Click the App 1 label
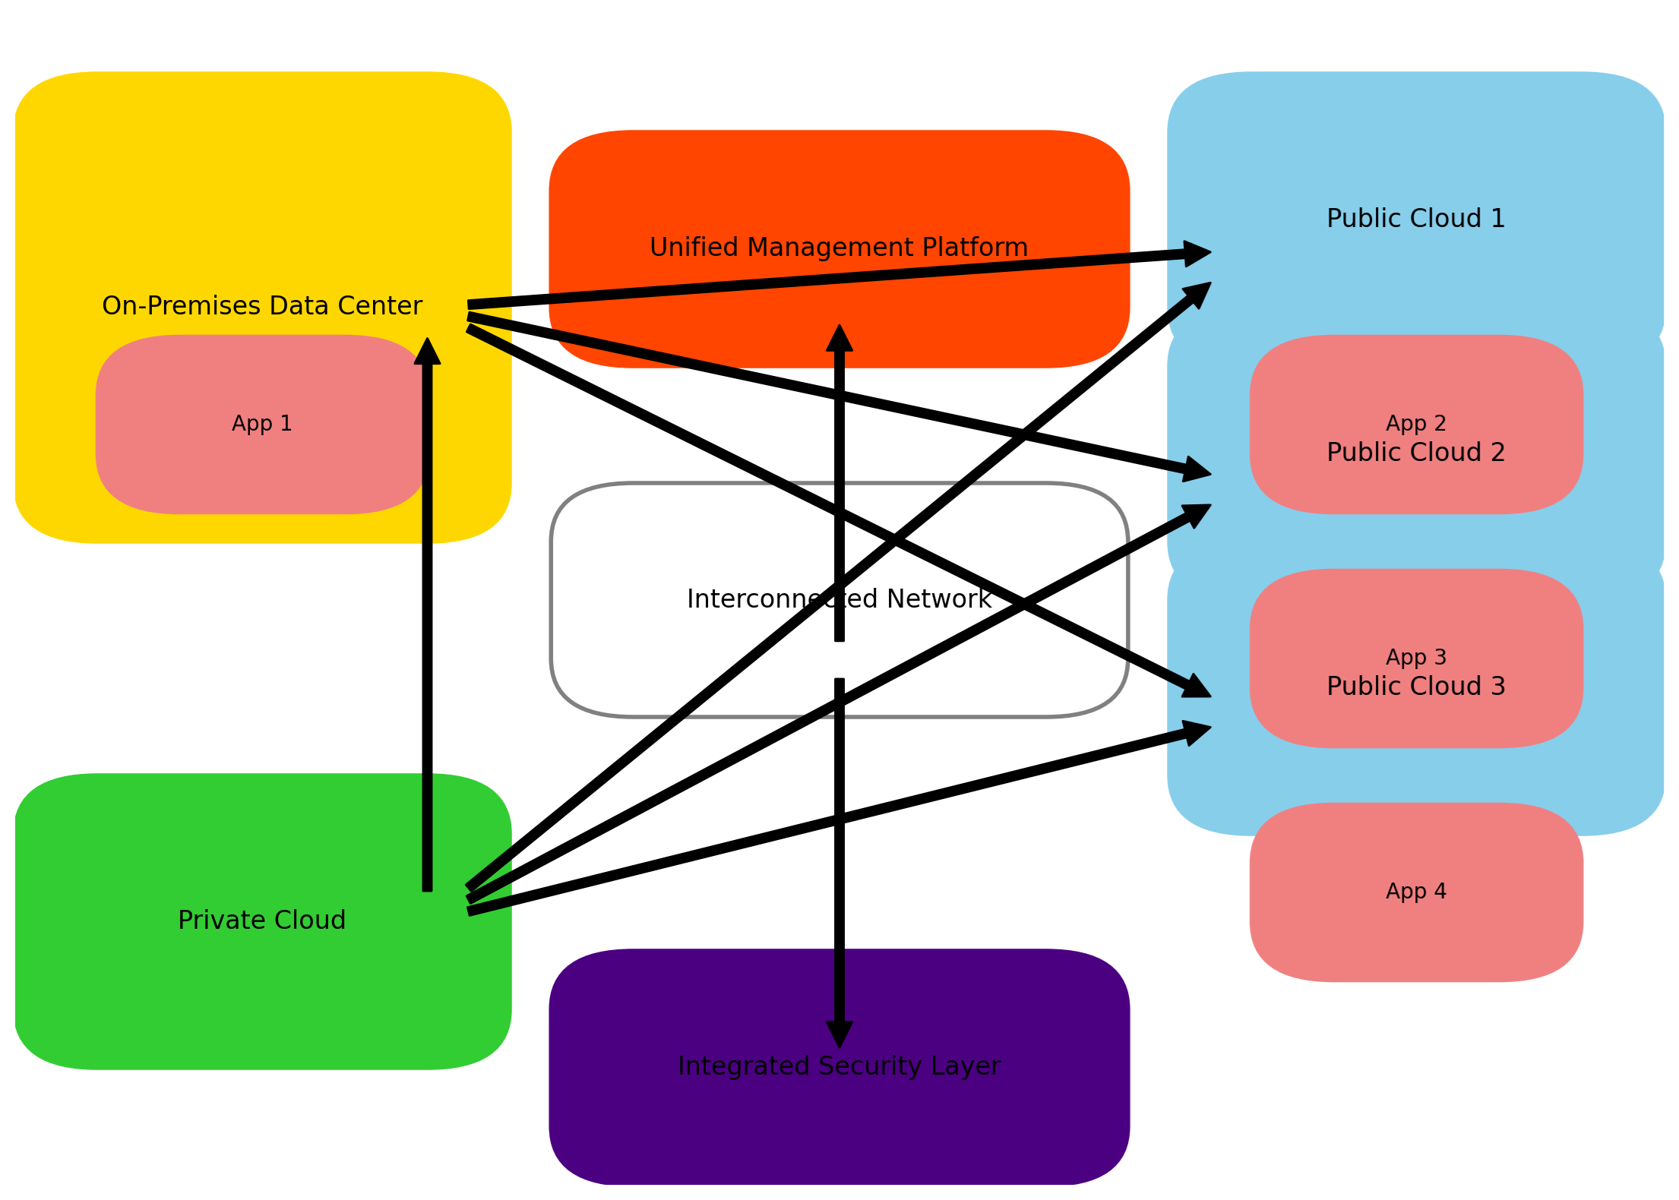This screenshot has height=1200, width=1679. [x=261, y=424]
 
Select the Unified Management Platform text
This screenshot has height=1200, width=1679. [x=838, y=248]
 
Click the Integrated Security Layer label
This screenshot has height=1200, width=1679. [x=839, y=1066]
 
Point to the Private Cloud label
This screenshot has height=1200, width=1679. [x=261, y=921]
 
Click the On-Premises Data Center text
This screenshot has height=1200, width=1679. [x=261, y=306]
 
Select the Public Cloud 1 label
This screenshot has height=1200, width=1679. [x=1415, y=219]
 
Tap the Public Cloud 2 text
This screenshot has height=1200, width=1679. [x=1415, y=453]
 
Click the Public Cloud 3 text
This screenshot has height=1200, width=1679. [x=1415, y=687]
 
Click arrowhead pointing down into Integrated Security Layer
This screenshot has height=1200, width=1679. [x=839, y=1034]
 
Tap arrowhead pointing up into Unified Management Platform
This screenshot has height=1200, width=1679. [x=839, y=339]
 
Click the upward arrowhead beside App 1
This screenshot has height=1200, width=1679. [x=427, y=352]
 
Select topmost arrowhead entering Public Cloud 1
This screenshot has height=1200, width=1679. [x=1196, y=254]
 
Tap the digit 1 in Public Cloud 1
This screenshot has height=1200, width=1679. [x=1497, y=219]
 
